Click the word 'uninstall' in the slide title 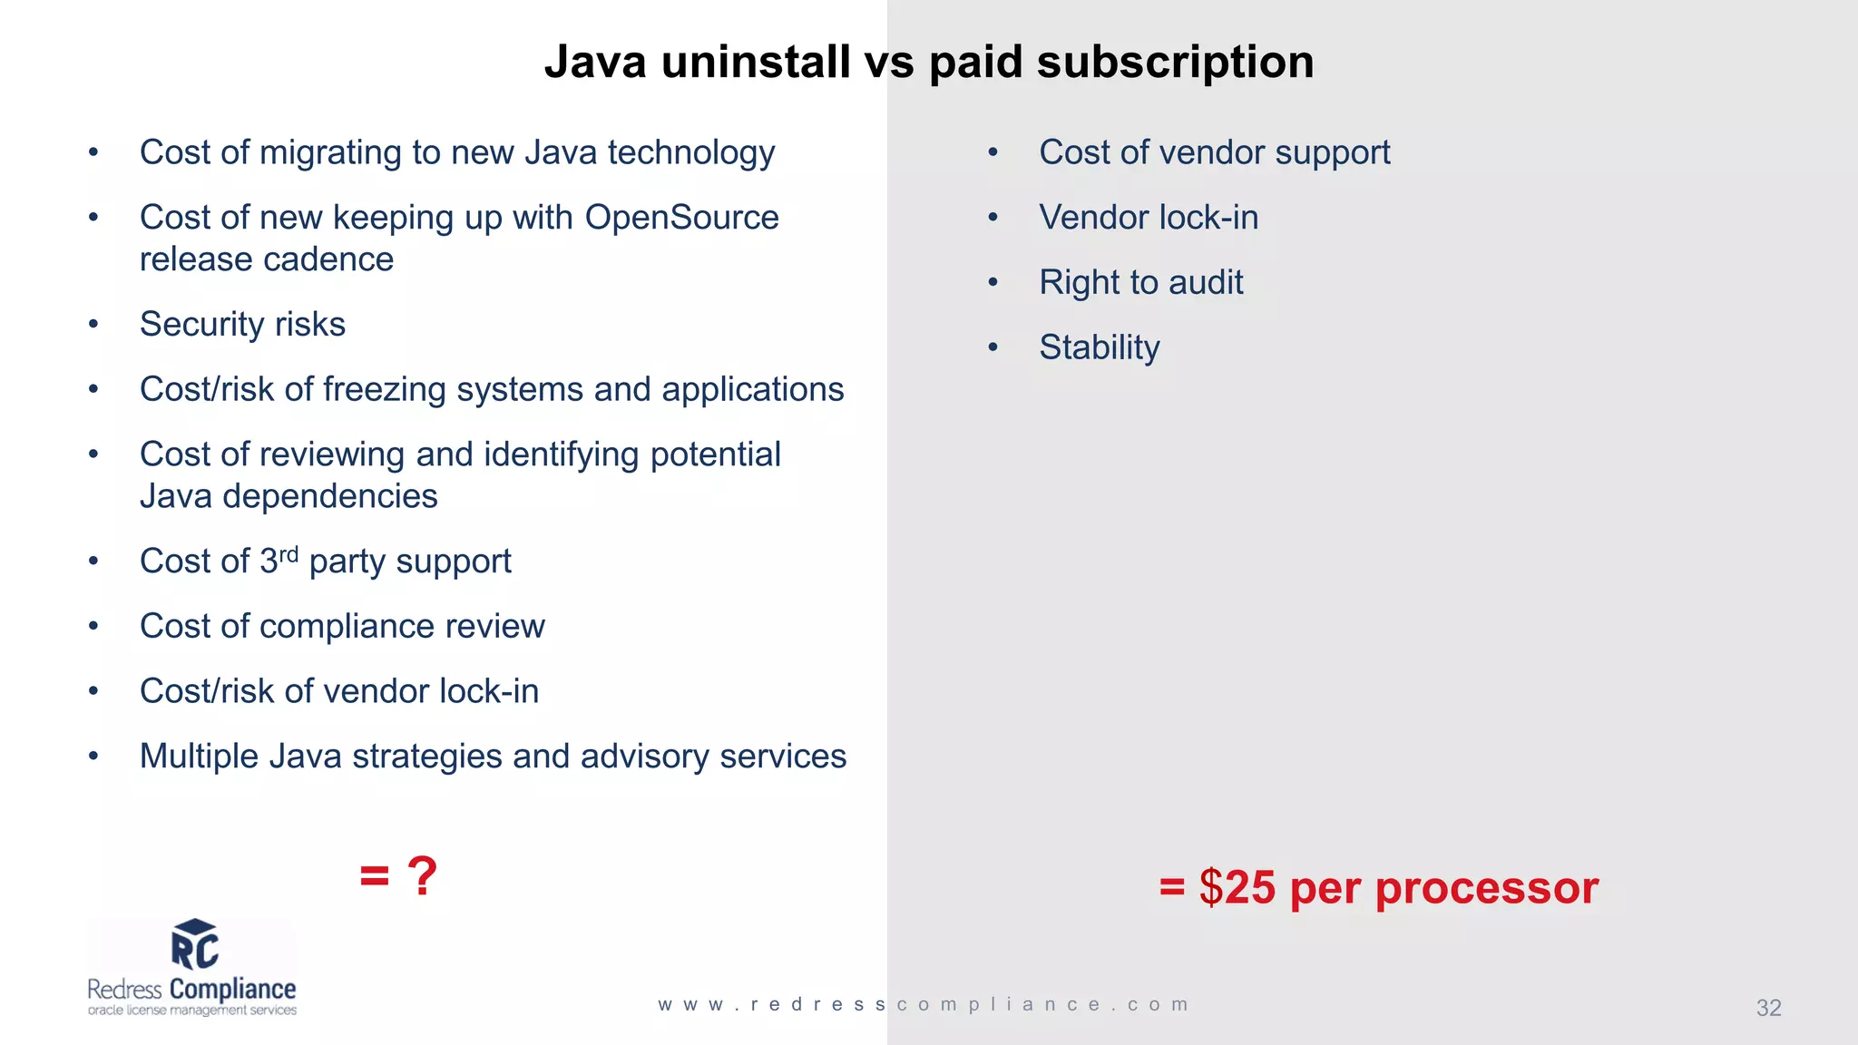click(756, 63)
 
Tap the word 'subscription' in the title click(1175, 63)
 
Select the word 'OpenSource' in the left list click(681, 218)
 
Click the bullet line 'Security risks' click(242, 325)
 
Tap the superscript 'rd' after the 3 click(288, 554)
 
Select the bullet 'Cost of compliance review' click(342, 627)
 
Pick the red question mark click(422, 876)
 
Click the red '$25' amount click(1237, 887)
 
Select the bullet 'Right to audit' click(1140, 283)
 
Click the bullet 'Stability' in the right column click(1099, 348)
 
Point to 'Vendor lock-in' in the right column click(1148, 218)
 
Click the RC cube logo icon click(195, 944)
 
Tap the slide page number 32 click(1768, 1008)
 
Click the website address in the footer click(924, 1005)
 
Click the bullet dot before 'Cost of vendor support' click(993, 153)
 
